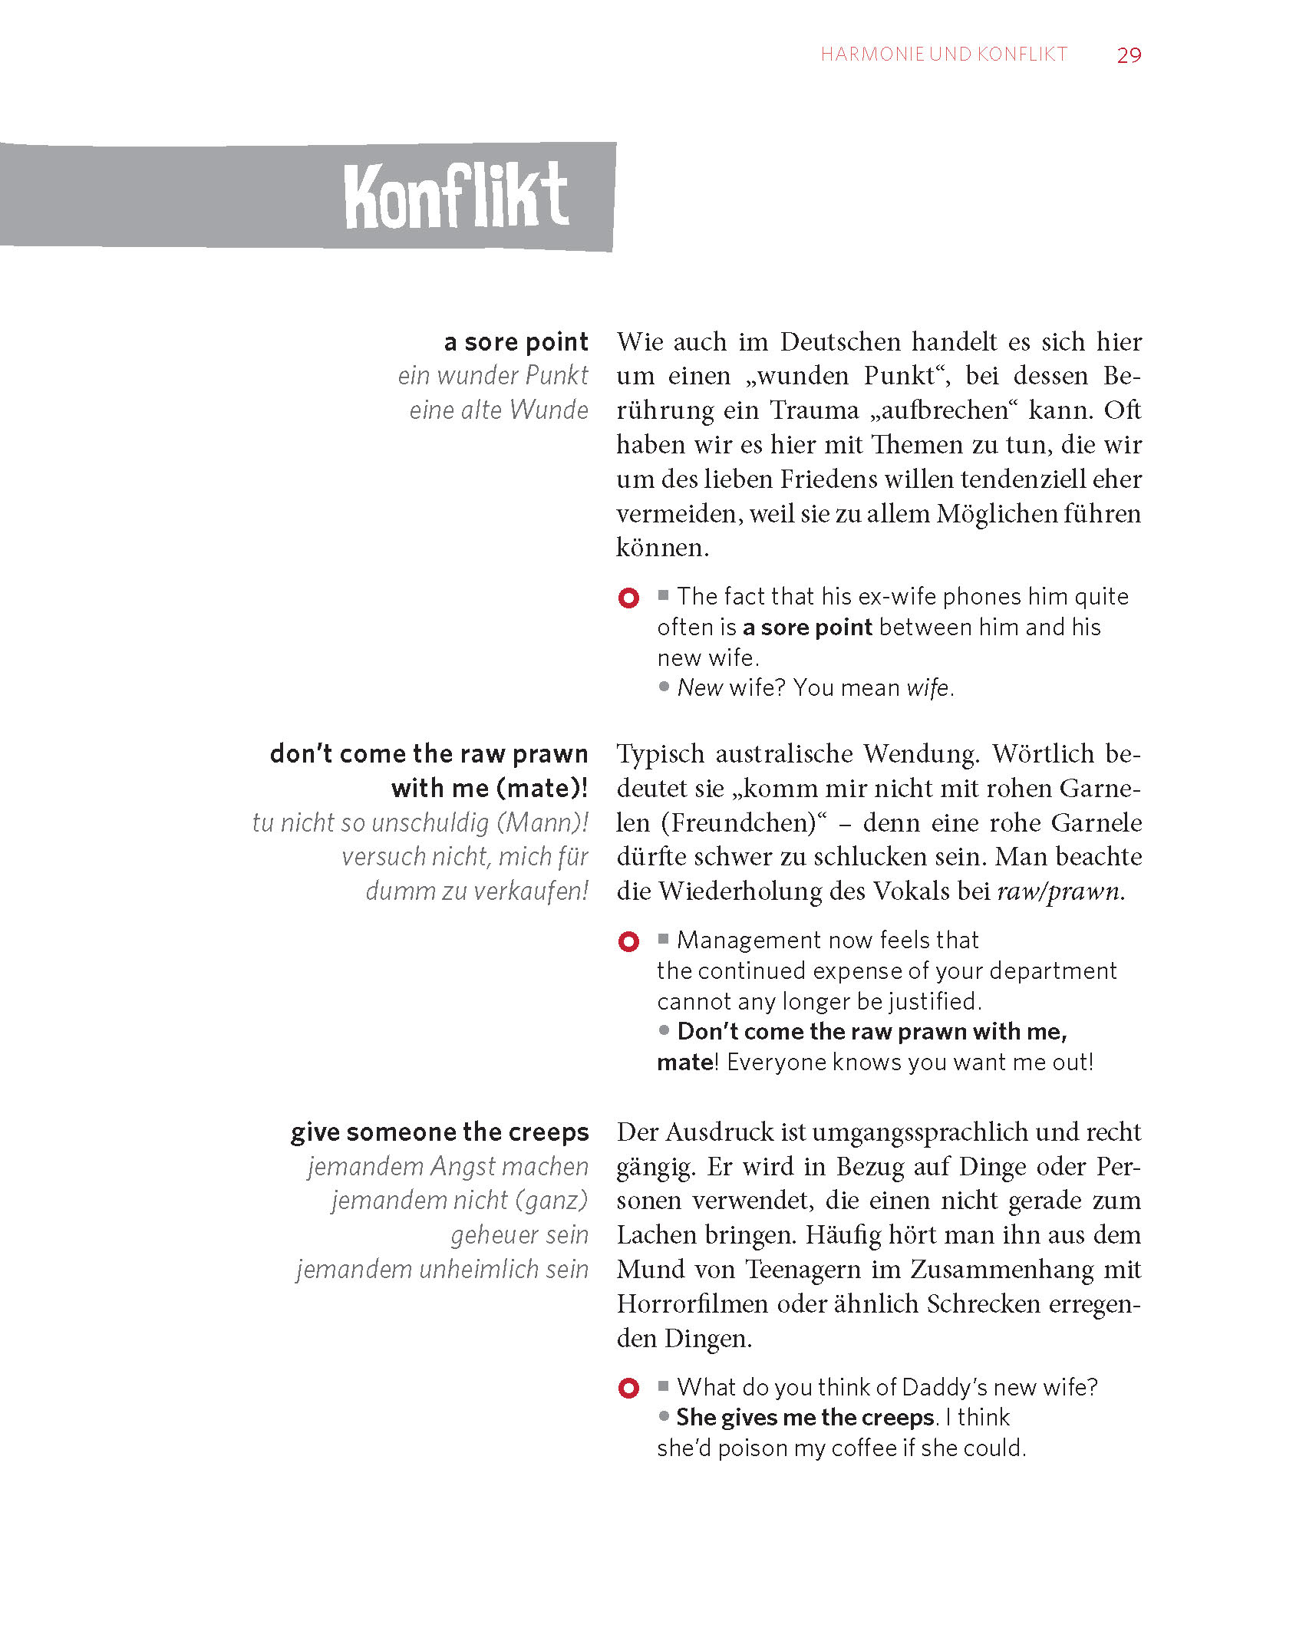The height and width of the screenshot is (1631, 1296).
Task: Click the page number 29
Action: click(1129, 55)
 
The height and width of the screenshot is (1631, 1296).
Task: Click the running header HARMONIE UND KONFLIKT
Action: click(944, 54)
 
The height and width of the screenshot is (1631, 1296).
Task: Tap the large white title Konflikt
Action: click(457, 196)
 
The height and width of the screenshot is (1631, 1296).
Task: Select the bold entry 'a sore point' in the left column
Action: click(516, 341)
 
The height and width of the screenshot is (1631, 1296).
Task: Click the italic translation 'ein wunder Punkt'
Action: click(493, 376)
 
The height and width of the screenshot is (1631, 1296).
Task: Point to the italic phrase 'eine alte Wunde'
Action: click(499, 410)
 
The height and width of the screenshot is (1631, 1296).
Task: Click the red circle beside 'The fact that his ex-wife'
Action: click(628, 598)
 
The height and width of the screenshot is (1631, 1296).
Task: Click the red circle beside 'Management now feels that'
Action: click(628, 941)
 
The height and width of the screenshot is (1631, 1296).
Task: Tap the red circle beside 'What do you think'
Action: click(628, 1388)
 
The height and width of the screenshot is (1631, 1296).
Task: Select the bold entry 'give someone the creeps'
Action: click(440, 1132)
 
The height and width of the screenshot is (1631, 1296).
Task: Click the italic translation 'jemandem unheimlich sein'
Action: click(443, 1270)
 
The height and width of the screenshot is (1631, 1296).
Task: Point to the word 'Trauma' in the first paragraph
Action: click(814, 410)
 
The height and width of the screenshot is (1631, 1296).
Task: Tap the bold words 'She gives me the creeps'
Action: click(805, 1418)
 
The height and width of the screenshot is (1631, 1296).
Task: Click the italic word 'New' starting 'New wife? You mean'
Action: click(700, 688)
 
